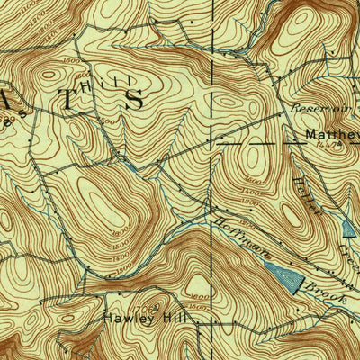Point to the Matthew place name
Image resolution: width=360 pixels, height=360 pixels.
tap(329, 137)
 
